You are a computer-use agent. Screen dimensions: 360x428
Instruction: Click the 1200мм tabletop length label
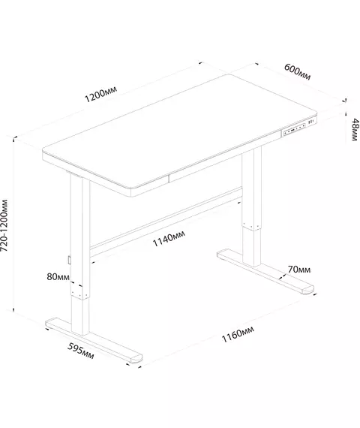tap(101, 94)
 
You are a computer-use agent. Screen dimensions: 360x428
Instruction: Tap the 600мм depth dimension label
tap(297, 72)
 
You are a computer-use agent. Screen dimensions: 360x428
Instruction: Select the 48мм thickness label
tap(355, 130)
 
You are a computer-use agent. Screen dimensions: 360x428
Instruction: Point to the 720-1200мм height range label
tap(4, 226)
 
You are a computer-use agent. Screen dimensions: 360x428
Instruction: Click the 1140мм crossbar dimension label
tap(169, 238)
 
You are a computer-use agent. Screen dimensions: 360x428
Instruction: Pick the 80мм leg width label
tap(58, 277)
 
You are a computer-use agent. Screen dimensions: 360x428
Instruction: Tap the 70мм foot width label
tap(299, 270)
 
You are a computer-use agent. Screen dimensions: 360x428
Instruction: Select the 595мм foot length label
tap(81, 351)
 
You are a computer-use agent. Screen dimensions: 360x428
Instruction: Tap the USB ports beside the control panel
tap(311, 122)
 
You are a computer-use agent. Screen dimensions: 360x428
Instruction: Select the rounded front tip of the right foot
tap(308, 289)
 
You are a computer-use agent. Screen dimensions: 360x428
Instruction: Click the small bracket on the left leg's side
tap(69, 260)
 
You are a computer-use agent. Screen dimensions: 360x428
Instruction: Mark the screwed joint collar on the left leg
tap(79, 291)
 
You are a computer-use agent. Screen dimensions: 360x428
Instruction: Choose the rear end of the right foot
tap(221, 254)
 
